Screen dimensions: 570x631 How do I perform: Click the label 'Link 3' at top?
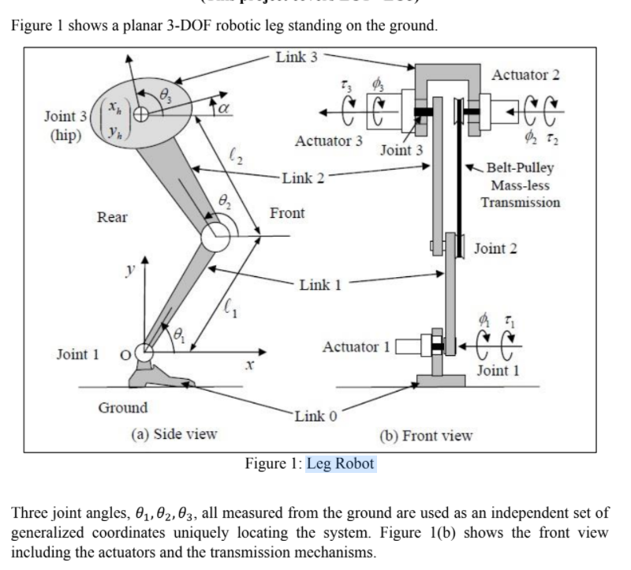pos(297,57)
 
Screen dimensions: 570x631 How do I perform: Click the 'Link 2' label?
pos(303,177)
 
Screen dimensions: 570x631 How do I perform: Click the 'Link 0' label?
pos(314,416)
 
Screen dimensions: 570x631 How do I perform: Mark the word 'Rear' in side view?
pos(112,217)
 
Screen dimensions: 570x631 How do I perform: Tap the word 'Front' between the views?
pos(287,214)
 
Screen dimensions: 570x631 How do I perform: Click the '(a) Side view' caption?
pos(174,433)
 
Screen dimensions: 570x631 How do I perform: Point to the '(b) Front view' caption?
pos(426,434)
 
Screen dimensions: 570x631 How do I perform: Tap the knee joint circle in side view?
pos(215,238)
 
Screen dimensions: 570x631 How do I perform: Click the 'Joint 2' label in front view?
pos(495,249)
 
